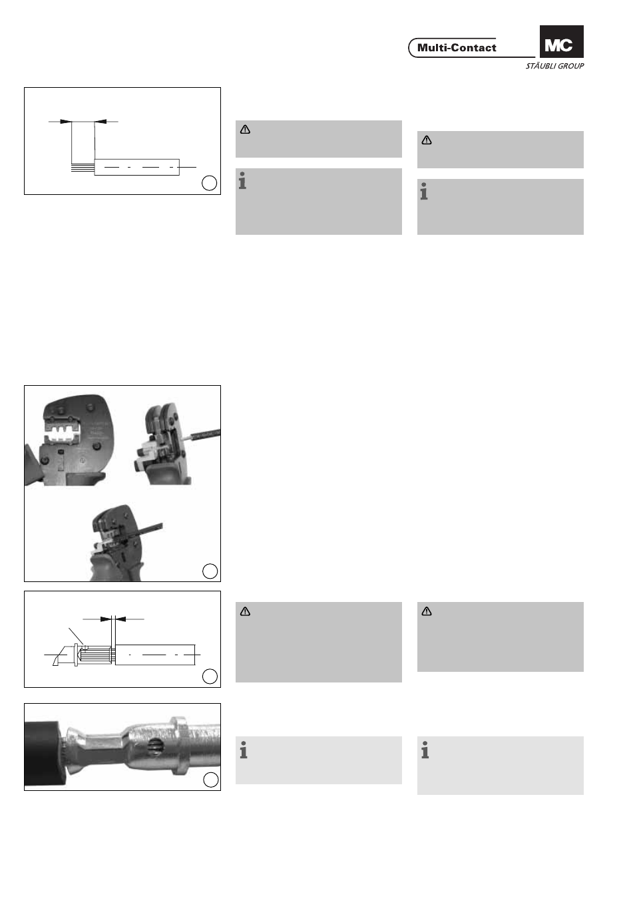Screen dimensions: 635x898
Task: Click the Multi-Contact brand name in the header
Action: (457, 48)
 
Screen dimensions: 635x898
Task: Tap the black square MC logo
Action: (561, 42)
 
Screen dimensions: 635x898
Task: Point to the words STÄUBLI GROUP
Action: (554, 66)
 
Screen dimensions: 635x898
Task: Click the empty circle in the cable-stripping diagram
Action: (209, 183)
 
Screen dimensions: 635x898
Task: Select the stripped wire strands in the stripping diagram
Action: (83, 168)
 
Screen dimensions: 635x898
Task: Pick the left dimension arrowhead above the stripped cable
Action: (65, 121)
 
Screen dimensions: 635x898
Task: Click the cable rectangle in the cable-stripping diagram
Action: (137, 167)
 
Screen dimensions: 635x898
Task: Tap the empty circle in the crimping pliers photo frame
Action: (210, 571)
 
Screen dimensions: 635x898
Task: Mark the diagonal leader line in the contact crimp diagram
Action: (76, 636)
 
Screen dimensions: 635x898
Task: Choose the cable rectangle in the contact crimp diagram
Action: (155, 655)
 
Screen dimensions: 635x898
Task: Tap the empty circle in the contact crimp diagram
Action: (210, 676)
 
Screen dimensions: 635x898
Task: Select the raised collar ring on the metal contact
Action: (180, 746)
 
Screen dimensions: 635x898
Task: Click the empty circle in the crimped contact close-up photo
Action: (211, 780)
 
